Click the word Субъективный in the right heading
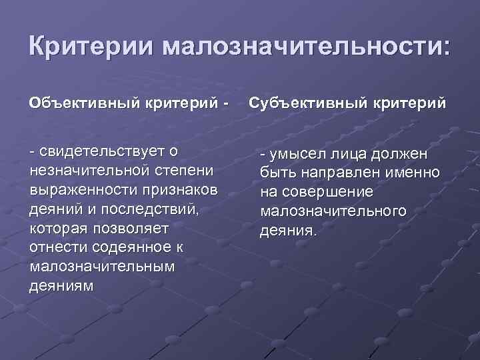[x=301, y=105]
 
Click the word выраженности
[x=79, y=190]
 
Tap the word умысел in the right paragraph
[x=296, y=155]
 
